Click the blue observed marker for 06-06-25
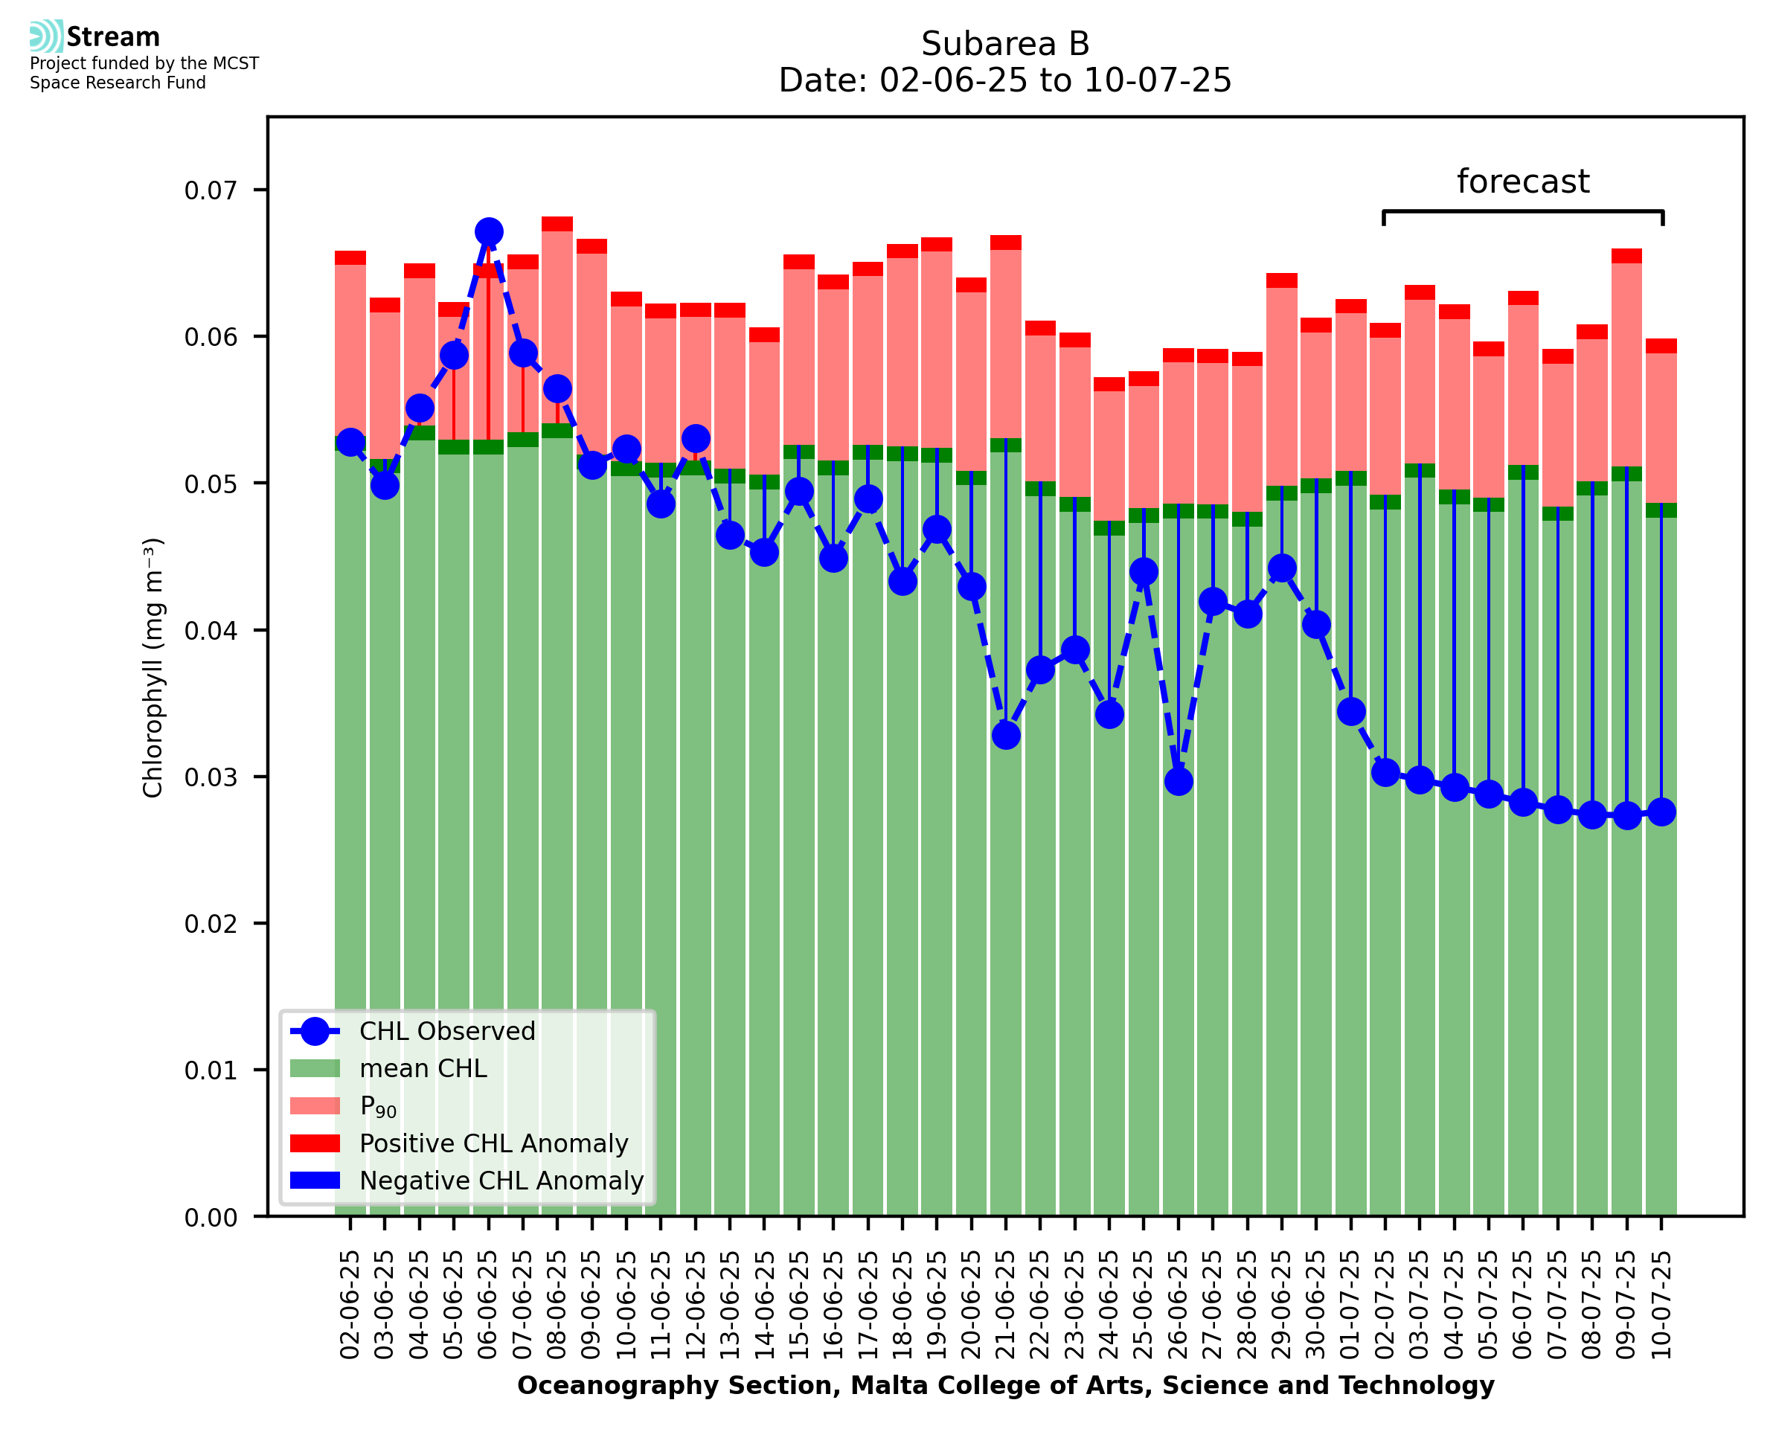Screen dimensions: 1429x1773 coord(489,232)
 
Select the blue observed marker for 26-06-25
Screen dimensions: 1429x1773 coord(1179,781)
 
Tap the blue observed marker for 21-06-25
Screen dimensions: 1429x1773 coord(1006,735)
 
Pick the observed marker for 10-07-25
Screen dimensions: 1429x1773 coord(1661,812)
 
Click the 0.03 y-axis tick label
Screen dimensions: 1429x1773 coord(211,778)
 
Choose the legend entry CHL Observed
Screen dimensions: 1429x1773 coord(447,1032)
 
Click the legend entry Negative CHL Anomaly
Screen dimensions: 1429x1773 coord(501,1181)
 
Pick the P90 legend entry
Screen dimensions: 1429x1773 coord(378,1107)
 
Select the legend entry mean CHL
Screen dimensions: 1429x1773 coord(423,1069)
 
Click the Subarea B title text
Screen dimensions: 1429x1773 coord(1005,45)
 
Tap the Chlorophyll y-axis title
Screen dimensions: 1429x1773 coord(154,667)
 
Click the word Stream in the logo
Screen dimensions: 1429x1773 coord(114,37)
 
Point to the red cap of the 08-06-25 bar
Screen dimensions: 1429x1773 coord(557,224)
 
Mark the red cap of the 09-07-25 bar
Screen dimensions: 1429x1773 coord(1626,256)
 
